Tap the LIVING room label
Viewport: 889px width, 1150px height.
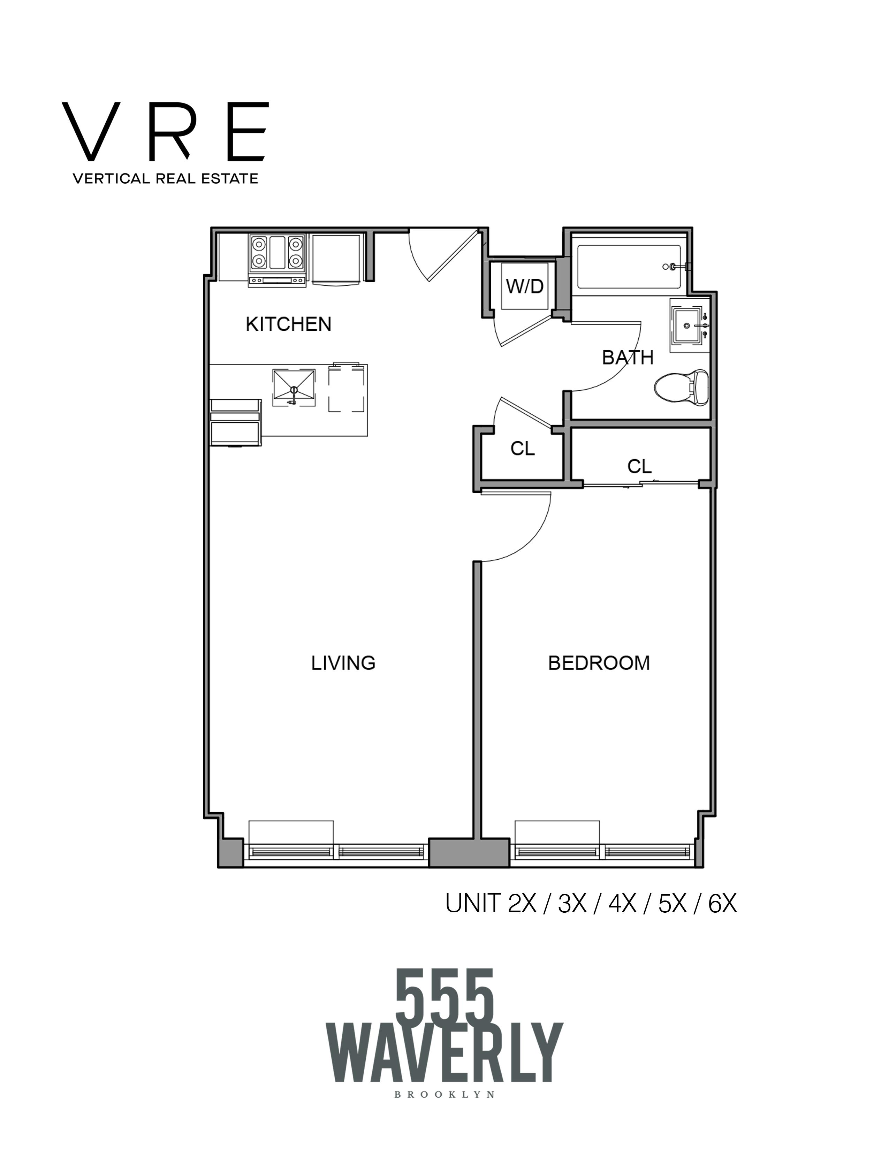click(343, 663)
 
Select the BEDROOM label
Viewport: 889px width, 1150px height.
click(599, 663)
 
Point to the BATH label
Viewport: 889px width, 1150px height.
click(627, 358)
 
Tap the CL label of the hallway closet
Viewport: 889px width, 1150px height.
click(523, 449)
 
